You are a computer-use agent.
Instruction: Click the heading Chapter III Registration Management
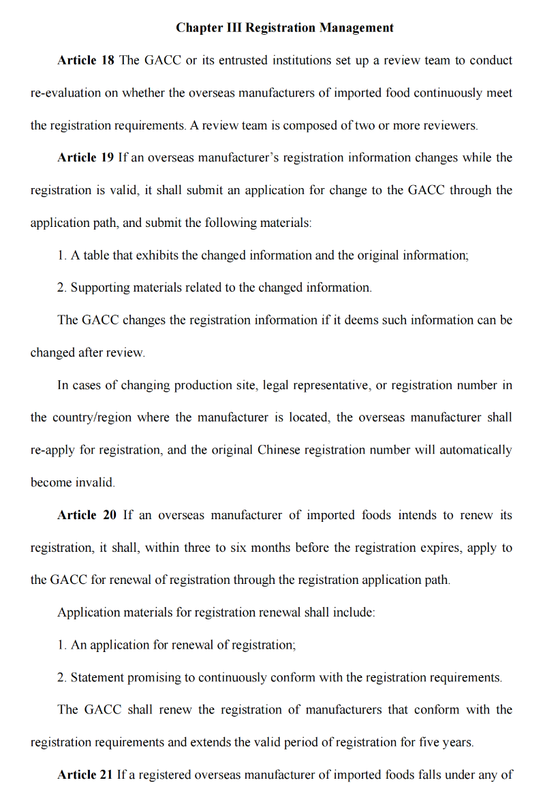click(x=285, y=28)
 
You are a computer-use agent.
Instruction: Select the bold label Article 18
click(x=86, y=61)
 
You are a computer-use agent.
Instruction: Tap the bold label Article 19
click(x=86, y=158)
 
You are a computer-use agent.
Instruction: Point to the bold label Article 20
click(x=87, y=516)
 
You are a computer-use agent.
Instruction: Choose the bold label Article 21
click(x=85, y=775)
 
